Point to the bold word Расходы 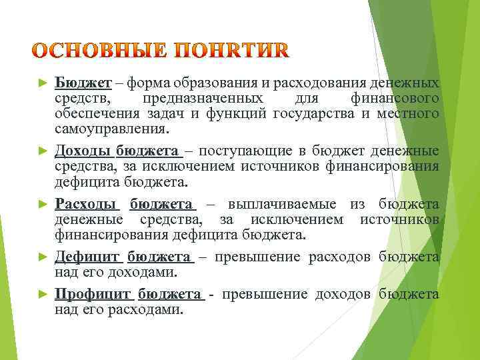point(86,204)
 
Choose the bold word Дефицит point(87,257)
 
